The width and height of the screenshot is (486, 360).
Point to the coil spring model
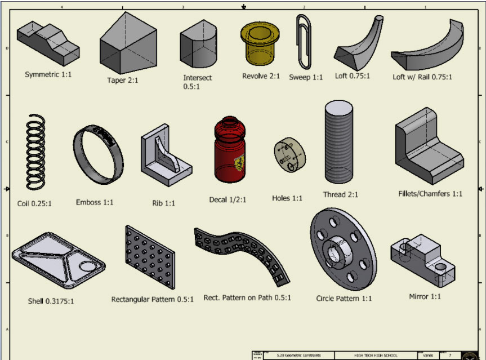tap(34, 152)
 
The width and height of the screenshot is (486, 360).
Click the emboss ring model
tap(97, 153)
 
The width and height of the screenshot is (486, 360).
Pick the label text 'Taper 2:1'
tap(123, 80)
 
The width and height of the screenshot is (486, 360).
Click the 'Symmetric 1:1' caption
tap(48, 74)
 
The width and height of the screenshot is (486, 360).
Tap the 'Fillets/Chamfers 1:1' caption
tap(430, 194)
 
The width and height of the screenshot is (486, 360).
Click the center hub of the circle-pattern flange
tap(338, 247)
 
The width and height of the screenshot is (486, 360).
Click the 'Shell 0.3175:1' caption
tap(51, 301)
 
